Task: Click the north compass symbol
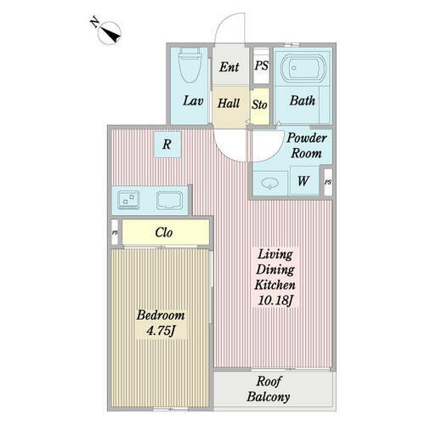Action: click(109, 32)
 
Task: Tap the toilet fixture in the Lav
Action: click(190, 65)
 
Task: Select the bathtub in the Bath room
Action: click(303, 68)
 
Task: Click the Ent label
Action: click(229, 67)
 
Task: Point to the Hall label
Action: click(229, 103)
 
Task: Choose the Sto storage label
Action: click(259, 105)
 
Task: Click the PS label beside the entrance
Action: click(261, 65)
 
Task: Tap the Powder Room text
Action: click(307, 145)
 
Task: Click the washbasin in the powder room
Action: click(270, 184)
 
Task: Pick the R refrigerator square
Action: click(167, 144)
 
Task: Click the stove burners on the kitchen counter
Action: click(128, 201)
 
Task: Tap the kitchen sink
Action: click(170, 201)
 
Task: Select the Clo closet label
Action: click(164, 233)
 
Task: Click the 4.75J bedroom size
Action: click(161, 331)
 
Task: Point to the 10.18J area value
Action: click(275, 300)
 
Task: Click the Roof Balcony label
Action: click(269, 388)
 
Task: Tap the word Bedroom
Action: click(161, 315)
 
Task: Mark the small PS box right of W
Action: click(328, 182)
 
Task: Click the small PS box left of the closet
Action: click(115, 233)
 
